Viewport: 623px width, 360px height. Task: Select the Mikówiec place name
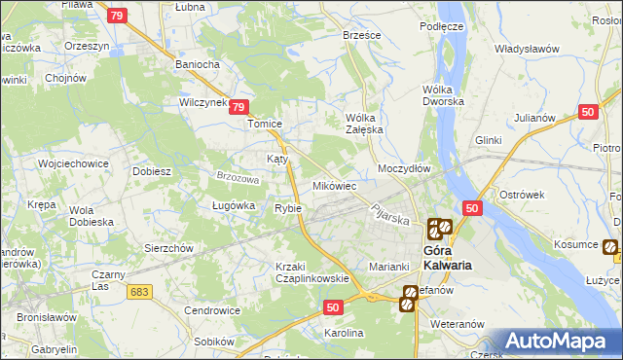[334, 185]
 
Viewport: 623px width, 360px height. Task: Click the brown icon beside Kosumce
[609, 247]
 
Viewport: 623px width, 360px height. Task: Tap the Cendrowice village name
[212, 310]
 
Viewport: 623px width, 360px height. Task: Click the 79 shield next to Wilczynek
[240, 111]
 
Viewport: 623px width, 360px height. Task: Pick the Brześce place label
[362, 34]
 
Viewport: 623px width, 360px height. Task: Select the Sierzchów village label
[169, 247]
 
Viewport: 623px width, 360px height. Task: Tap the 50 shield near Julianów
[587, 112]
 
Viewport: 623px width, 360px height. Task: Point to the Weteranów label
[458, 322]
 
